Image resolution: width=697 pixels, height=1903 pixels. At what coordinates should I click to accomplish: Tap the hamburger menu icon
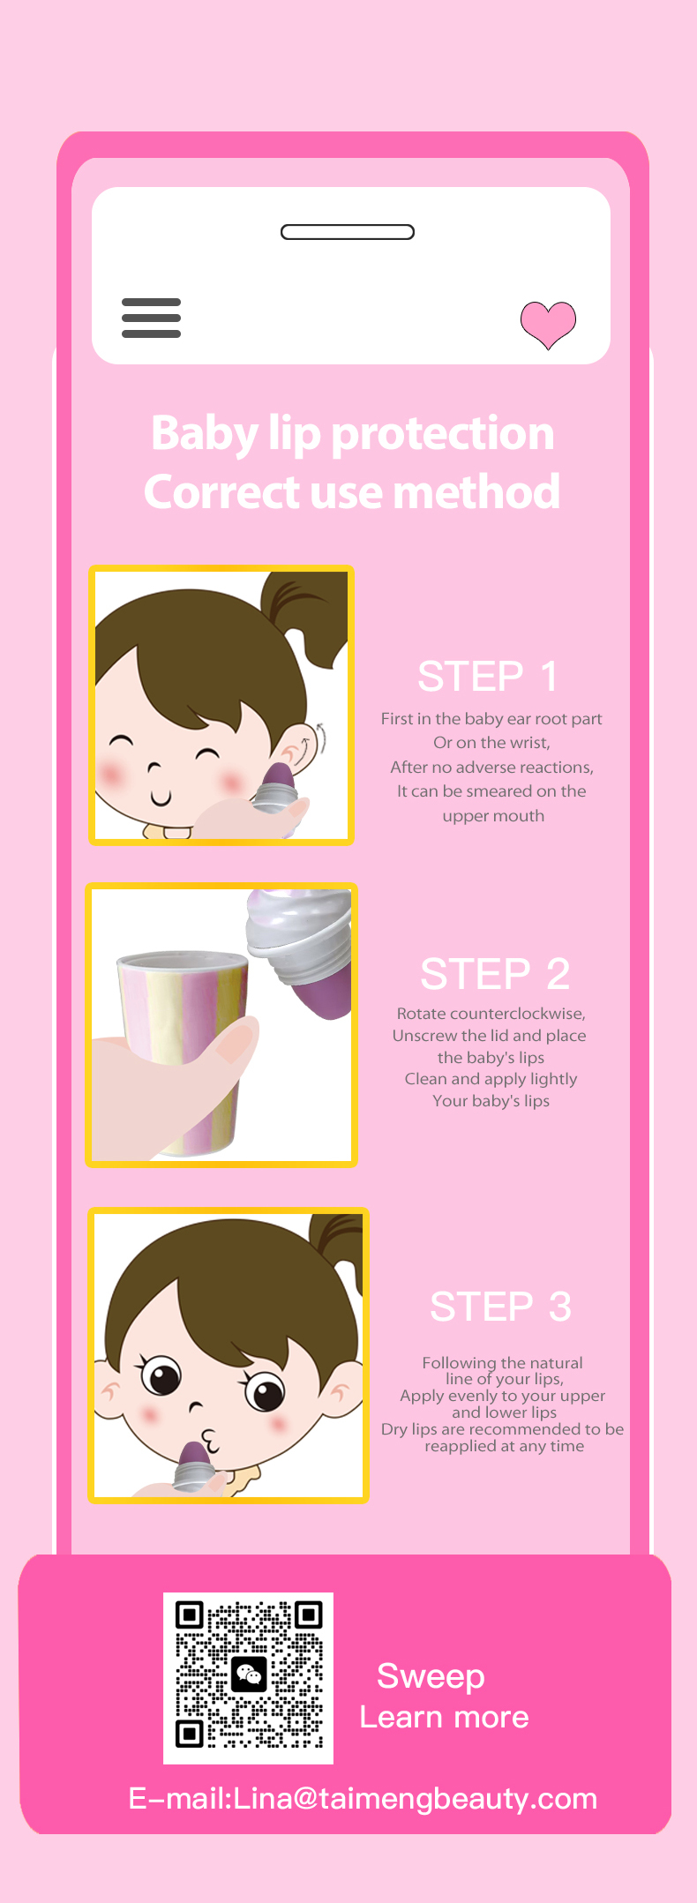[151, 318]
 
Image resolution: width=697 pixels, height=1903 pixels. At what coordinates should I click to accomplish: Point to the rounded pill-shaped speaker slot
[348, 232]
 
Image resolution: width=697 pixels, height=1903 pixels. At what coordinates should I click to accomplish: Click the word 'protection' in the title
[443, 434]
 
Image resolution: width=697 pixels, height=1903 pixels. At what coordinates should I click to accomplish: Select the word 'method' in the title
[476, 491]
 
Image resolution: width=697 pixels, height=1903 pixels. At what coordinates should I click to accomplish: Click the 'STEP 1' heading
[488, 677]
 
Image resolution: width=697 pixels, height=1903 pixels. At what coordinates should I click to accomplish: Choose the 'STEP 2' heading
[495, 974]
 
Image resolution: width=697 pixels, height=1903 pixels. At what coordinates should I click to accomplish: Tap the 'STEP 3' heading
[500, 1307]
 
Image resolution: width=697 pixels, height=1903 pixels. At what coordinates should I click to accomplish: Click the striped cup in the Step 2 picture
[185, 1050]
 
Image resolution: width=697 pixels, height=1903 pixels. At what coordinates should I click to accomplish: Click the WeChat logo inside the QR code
[249, 1674]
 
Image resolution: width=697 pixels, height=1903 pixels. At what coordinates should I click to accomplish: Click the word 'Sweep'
[431, 1676]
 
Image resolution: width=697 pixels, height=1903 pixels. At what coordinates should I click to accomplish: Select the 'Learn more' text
[444, 1717]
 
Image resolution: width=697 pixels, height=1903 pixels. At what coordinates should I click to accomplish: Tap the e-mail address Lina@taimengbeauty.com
[416, 1798]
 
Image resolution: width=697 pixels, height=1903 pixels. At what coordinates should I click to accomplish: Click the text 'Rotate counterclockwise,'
[491, 1014]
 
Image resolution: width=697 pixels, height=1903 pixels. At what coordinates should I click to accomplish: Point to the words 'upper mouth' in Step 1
[493, 816]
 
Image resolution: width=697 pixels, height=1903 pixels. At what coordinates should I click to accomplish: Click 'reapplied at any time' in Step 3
[504, 1446]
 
